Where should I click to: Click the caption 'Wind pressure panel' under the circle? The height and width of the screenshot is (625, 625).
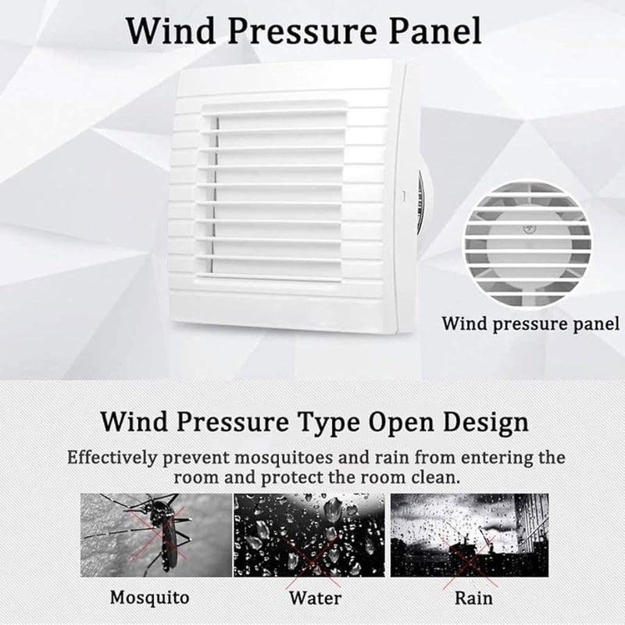[x=530, y=323]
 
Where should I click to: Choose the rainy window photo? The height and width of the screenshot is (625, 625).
[x=470, y=534]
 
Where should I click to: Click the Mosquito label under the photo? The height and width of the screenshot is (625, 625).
[x=149, y=598]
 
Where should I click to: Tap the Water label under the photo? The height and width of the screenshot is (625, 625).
[x=315, y=598]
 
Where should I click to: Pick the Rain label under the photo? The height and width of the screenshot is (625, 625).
[x=474, y=598]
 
